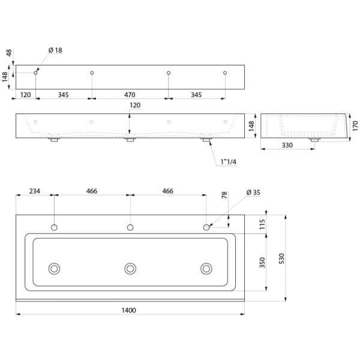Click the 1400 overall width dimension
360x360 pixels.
129,310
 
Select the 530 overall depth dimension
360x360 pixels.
281,258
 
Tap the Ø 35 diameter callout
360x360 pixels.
254,192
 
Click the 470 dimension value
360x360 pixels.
130,95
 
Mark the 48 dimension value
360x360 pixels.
9,53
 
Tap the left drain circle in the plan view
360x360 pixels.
55,268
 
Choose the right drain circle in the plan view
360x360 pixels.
206,268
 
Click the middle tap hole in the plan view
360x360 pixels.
130,228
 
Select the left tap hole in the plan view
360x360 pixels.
54,228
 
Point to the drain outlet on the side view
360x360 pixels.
313,140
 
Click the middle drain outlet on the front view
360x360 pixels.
130,140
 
